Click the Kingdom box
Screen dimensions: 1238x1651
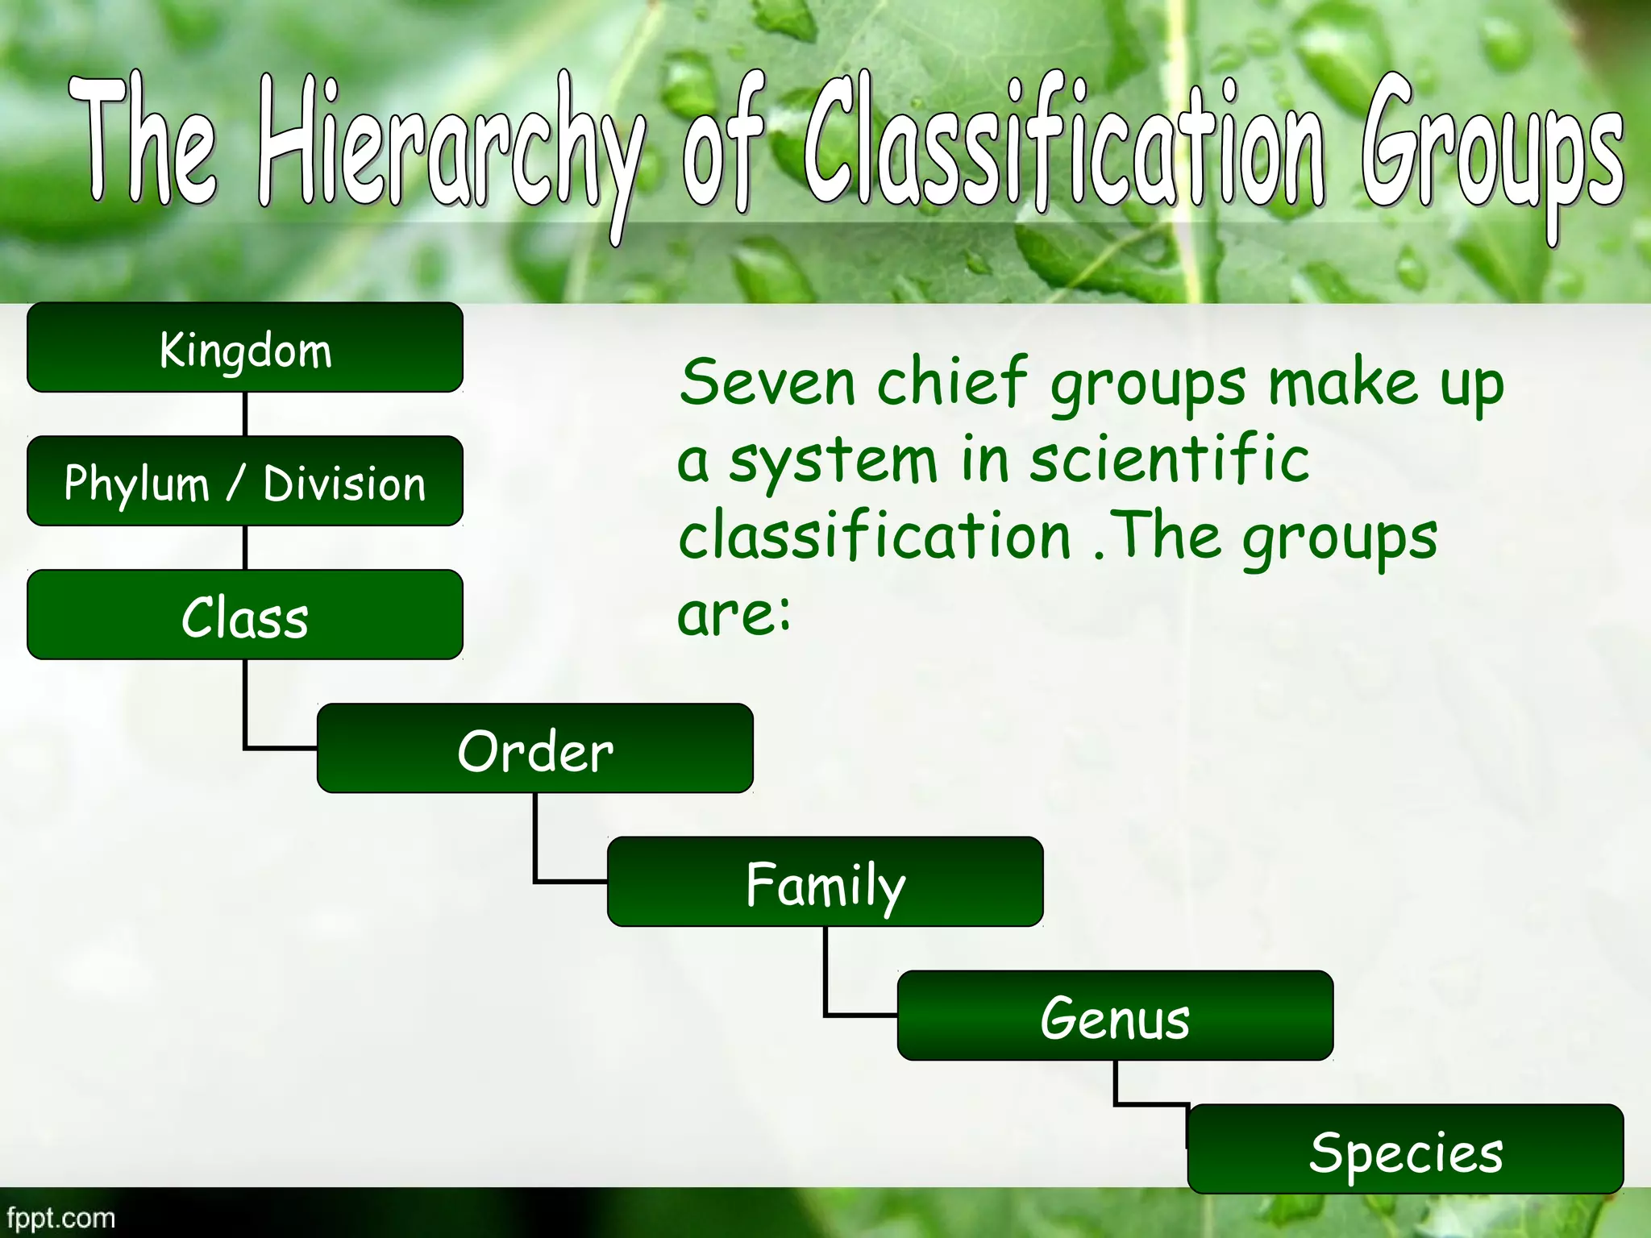click(245, 348)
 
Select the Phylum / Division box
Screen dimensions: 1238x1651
click(245, 482)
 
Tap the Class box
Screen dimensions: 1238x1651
click(245, 616)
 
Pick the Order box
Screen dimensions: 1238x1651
click(535, 750)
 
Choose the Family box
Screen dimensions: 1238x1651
click(825, 883)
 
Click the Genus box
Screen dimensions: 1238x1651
click(1116, 1017)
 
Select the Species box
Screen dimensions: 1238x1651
click(1406, 1150)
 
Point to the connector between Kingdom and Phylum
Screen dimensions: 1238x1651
click(245, 414)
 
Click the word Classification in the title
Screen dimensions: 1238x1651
click(1064, 145)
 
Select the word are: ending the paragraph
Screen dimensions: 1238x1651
click(734, 614)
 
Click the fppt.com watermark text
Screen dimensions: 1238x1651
click(60, 1217)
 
